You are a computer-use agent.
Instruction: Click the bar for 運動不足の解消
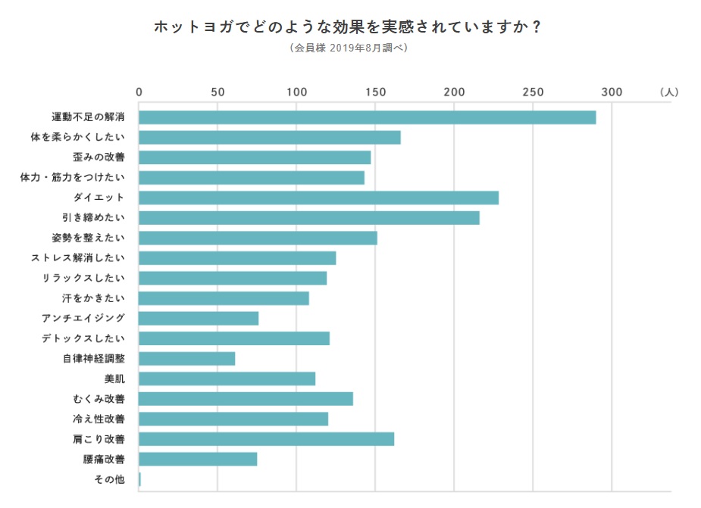pos(367,117)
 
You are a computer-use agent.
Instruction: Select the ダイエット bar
pos(318,198)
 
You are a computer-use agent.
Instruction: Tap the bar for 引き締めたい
pos(309,218)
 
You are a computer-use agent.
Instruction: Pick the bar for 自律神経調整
pos(187,358)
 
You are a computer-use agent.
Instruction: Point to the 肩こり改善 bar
pos(266,439)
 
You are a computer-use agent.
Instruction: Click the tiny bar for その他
pos(140,479)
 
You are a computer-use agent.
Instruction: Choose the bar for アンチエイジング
pos(199,318)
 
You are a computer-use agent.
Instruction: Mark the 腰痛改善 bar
pos(198,459)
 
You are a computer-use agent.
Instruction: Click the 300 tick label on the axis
pos(612,92)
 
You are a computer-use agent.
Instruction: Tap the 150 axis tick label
pos(376,92)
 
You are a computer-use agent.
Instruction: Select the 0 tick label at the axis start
pos(139,92)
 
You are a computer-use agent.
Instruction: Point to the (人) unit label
pos(669,92)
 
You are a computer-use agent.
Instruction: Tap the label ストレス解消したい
pos(78,258)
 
